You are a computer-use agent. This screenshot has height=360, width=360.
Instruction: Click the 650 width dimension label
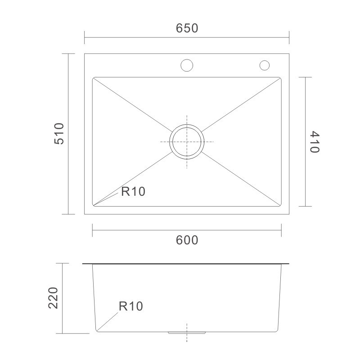187,28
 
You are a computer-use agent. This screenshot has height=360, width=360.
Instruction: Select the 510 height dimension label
59,134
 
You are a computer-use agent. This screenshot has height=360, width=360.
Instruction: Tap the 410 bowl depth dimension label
315,142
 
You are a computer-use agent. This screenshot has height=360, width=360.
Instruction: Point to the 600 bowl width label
187,240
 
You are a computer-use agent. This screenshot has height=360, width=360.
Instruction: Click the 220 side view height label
53,298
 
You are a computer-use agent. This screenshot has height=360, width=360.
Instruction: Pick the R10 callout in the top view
133,192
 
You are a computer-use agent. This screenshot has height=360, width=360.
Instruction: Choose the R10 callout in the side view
131,306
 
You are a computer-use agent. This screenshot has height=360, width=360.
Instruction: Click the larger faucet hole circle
187,65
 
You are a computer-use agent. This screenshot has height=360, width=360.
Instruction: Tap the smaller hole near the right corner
265,65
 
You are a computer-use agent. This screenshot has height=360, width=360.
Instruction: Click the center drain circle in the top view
187,125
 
